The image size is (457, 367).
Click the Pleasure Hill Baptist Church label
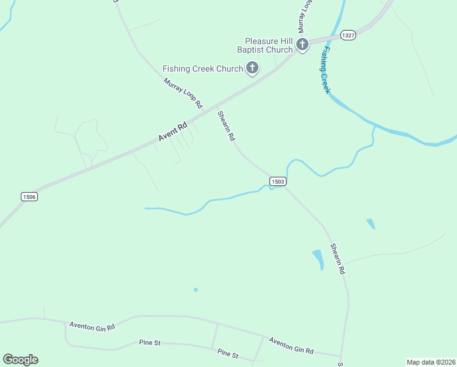tap(270, 45)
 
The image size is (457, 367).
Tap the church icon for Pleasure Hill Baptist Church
tap(302, 44)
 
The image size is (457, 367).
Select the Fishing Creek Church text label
tap(203, 69)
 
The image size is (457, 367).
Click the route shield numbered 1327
tap(348, 35)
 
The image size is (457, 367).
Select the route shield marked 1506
tap(29, 196)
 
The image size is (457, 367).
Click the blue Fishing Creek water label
tap(325, 70)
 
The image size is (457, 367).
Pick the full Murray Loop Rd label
tap(183, 94)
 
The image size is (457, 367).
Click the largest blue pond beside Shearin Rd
tap(318, 259)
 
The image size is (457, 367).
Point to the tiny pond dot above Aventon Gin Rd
tap(196, 289)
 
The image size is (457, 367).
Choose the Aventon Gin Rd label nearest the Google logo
tap(92, 327)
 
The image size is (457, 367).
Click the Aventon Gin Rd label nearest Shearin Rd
tap(291, 346)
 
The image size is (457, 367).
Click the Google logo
tap(21, 360)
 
